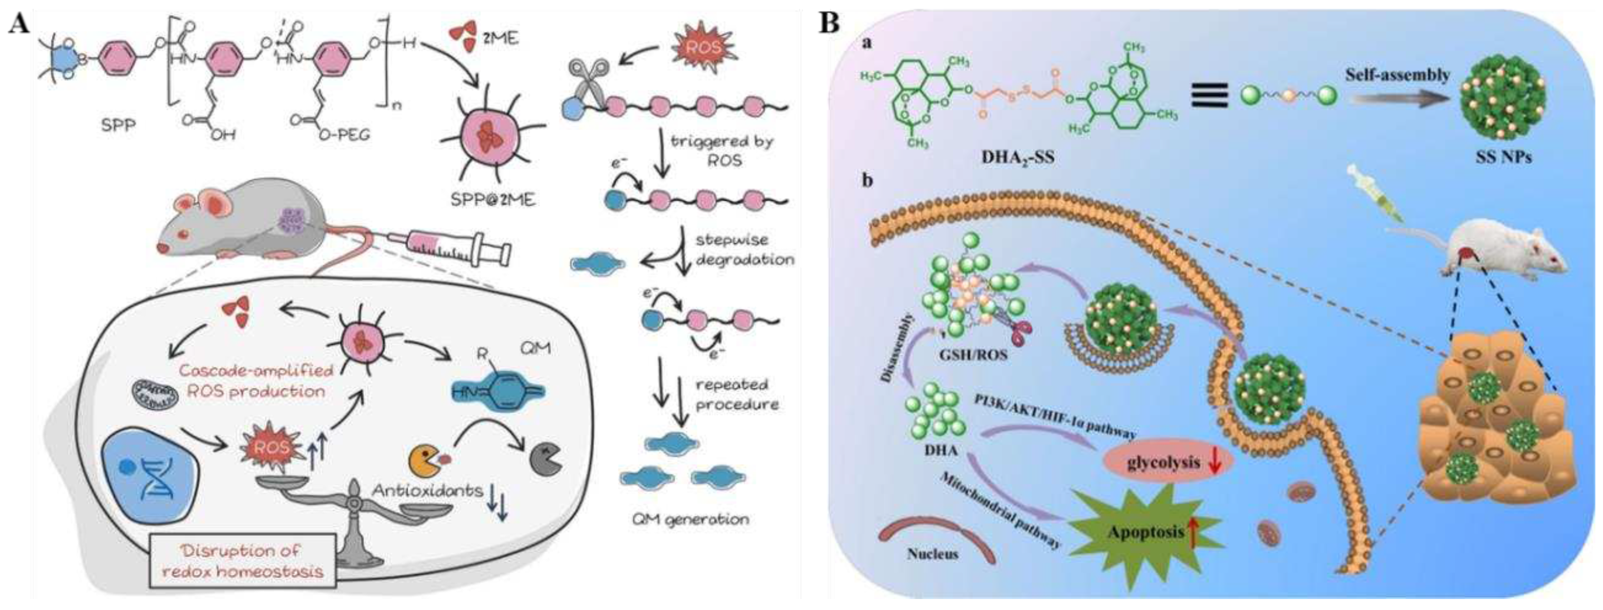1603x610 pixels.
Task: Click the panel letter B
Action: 829,23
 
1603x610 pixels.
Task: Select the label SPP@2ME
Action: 490,200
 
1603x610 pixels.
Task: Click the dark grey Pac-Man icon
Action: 547,478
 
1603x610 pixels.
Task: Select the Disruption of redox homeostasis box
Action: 243,560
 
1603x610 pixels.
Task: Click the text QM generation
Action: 690,519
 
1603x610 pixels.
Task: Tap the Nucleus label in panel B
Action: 932,554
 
